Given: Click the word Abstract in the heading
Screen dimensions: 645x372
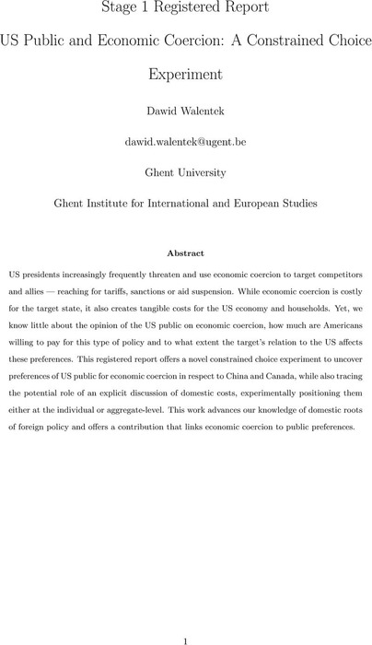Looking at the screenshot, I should pyautogui.click(x=186, y=252).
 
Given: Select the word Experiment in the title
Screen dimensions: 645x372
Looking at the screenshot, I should pyautogui.click(x=186, y=74).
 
